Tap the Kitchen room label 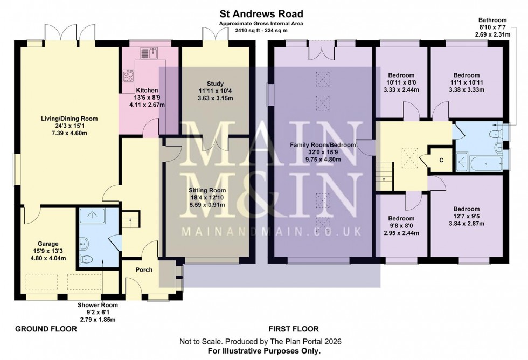147,90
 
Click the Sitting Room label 207,190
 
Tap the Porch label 144,270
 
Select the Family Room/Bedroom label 323,145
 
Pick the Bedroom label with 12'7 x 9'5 466,209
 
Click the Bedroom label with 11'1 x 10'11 466,75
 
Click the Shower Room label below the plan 98,305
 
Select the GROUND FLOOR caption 39,329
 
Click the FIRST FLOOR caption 294,329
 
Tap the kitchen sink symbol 147,52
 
